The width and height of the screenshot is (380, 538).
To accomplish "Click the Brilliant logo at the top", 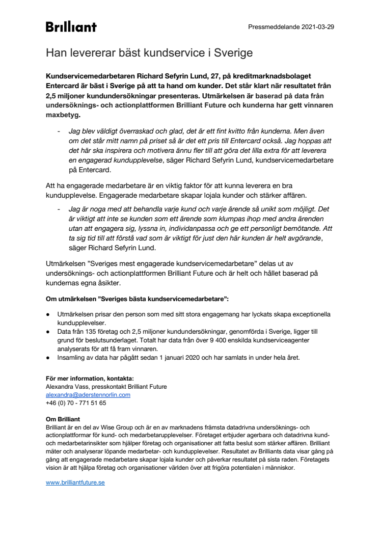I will [71, 27].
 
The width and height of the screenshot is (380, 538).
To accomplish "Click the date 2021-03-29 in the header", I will [317, 26].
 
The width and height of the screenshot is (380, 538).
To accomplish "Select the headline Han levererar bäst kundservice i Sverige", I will [149, 52].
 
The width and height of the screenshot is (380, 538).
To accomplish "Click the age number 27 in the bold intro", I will [209, 75].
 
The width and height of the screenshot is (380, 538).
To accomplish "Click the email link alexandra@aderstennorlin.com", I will [88, 394].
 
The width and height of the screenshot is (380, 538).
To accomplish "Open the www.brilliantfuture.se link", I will [75, 481].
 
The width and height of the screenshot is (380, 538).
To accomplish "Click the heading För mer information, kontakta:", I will [90, 378].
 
